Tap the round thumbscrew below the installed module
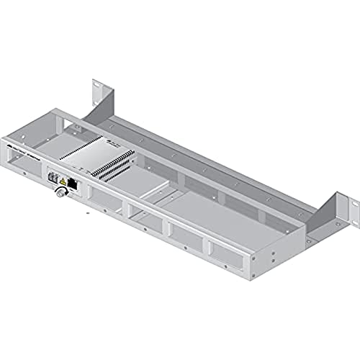58,194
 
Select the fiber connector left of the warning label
53,176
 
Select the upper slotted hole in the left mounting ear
96,89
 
